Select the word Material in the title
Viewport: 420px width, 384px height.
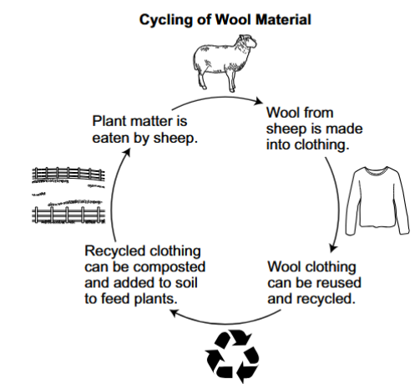coord(283,20)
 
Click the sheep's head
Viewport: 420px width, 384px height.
coord(247,42)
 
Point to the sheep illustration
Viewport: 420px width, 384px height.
coord(225,63)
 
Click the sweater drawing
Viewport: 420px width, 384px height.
coord(377,200)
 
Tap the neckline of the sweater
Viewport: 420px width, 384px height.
coord(377,171)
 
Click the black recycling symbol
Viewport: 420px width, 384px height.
coord(233,356)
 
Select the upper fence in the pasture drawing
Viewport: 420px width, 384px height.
coord(68,174)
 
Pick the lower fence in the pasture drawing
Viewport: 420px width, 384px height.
coord(68,215)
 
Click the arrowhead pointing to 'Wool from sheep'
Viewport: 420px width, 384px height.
coord(259,102)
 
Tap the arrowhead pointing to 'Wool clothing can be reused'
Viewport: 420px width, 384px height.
coord(333,248)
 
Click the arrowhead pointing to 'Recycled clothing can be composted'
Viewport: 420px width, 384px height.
coord(175,313)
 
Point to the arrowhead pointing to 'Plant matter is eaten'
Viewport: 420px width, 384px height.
coord(127,152)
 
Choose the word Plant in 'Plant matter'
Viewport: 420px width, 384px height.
coord(109,121)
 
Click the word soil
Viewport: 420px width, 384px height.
coord(186,283)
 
